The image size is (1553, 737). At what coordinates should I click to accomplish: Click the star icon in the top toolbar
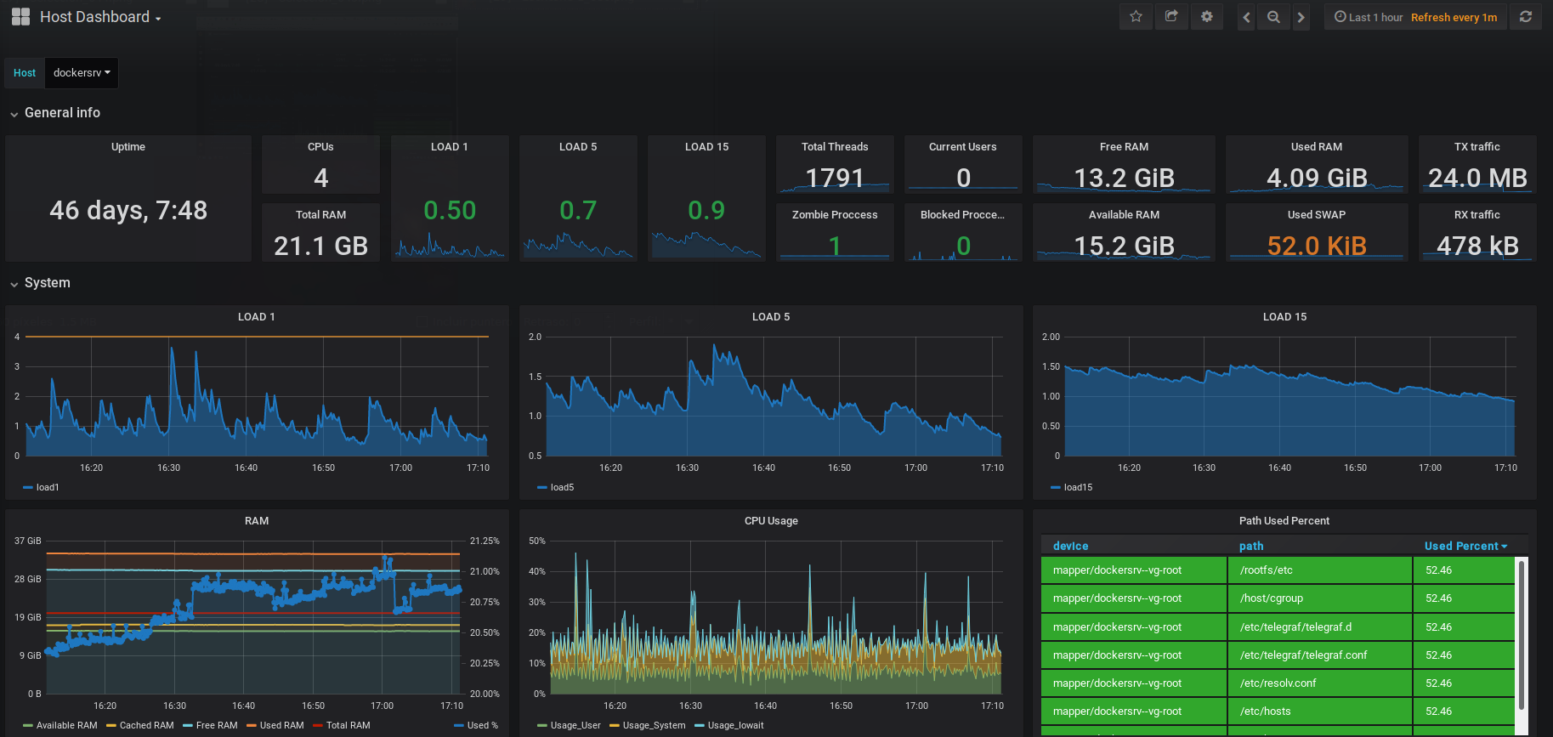1136,17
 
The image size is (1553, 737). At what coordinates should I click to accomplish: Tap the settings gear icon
1206,17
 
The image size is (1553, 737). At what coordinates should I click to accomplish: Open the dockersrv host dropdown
82,73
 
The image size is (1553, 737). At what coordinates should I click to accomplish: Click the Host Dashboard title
94,17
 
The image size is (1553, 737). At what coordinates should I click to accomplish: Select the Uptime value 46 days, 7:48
128,210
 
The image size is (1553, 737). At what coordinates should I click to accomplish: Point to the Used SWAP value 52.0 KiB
1316,246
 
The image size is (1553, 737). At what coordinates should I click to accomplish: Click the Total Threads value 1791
835,178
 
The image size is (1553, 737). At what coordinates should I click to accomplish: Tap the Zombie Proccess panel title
835,215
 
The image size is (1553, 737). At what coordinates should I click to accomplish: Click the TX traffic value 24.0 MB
1477,178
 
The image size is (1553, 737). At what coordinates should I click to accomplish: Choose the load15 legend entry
1077,487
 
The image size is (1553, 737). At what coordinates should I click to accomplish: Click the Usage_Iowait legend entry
734,725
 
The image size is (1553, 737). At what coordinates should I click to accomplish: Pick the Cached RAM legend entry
146,725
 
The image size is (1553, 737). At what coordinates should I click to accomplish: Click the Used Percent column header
1461,546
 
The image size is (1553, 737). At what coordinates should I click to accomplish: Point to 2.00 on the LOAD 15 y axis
1051,337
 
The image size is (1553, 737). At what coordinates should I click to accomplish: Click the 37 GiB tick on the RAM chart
27,541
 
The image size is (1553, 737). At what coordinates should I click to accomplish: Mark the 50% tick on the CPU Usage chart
537,541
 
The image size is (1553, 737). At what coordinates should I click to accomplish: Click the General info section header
62,113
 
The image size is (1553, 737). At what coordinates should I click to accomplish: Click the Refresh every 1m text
1454,17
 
